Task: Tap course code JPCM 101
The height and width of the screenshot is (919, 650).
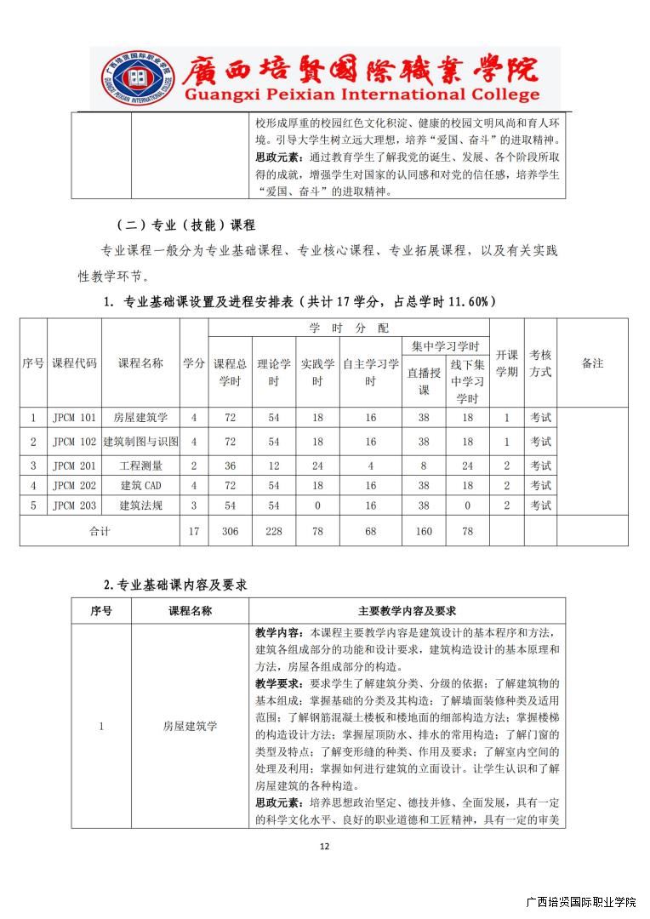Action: click(74, 418)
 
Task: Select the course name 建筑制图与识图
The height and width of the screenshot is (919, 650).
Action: click(141, 442)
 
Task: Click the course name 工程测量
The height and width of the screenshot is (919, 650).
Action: click(141, 465)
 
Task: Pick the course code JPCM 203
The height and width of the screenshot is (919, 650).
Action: click(74, 505)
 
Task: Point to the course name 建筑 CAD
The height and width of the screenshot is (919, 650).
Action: click(141, 485)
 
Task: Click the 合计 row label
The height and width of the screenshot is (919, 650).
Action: click(100, 531)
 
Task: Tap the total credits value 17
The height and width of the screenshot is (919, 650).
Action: click(194, 531)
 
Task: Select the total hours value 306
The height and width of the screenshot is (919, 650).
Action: click(230, 531)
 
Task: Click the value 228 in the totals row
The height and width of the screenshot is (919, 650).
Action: click(274, 531)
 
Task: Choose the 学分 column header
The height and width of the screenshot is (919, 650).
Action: click(194, 363)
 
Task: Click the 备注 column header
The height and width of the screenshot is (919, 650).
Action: click(592, 363)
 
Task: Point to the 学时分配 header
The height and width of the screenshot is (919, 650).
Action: click(348, 328)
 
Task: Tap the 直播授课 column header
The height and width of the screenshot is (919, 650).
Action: click(424, 381)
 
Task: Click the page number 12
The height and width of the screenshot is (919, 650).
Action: click(324, 847)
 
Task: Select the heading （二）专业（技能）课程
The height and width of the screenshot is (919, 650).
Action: click(185, 225)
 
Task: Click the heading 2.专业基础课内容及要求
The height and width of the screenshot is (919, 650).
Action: click(175, 585)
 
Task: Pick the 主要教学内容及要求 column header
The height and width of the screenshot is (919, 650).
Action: click(407, 611)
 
